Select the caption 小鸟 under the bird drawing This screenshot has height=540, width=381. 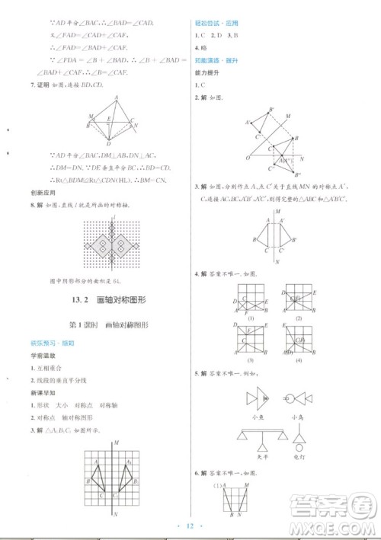298,417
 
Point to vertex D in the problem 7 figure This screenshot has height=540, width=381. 109,143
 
